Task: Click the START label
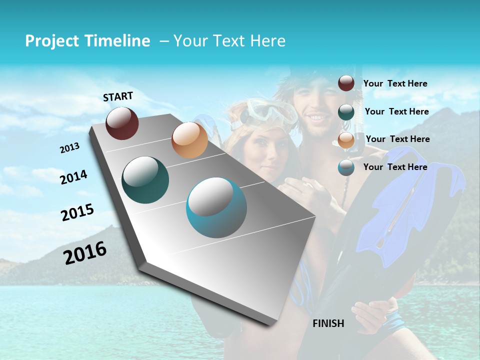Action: click(x=118, y=96)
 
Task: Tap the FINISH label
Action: click(x=328, y=323)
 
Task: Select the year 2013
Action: click(x=70, y=148)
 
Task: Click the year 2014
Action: click(x=73, y=177)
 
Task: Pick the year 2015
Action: click(x=77, y=212)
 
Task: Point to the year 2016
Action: click(x=85, y=252)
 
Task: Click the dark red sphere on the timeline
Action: click(x=122, y=123)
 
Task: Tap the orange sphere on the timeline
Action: click(x=189, y=140)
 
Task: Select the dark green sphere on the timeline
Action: click(x=145, y=180)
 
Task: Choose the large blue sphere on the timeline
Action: click(x=216, y=207)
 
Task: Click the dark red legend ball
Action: click(x=346, y=83)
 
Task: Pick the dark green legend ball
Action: click(x=346, y=111)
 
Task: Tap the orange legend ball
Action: click(x=346, y=140)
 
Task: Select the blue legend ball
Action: click(x=346, y=167)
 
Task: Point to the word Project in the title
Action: click(x=51, y=41)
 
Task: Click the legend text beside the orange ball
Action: click(x=397, y=139)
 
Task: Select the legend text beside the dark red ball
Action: click(x=395, y=83)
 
